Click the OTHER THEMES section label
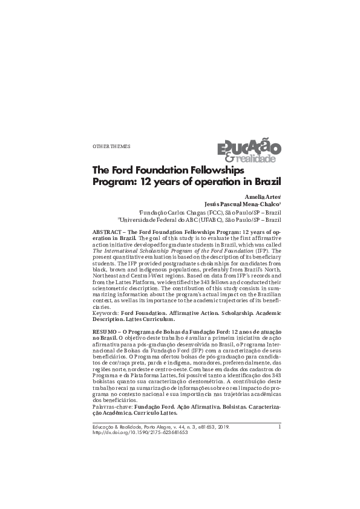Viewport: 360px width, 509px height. click(x=111, y=147)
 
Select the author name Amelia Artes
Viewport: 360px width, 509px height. click(x=263, y=198)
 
